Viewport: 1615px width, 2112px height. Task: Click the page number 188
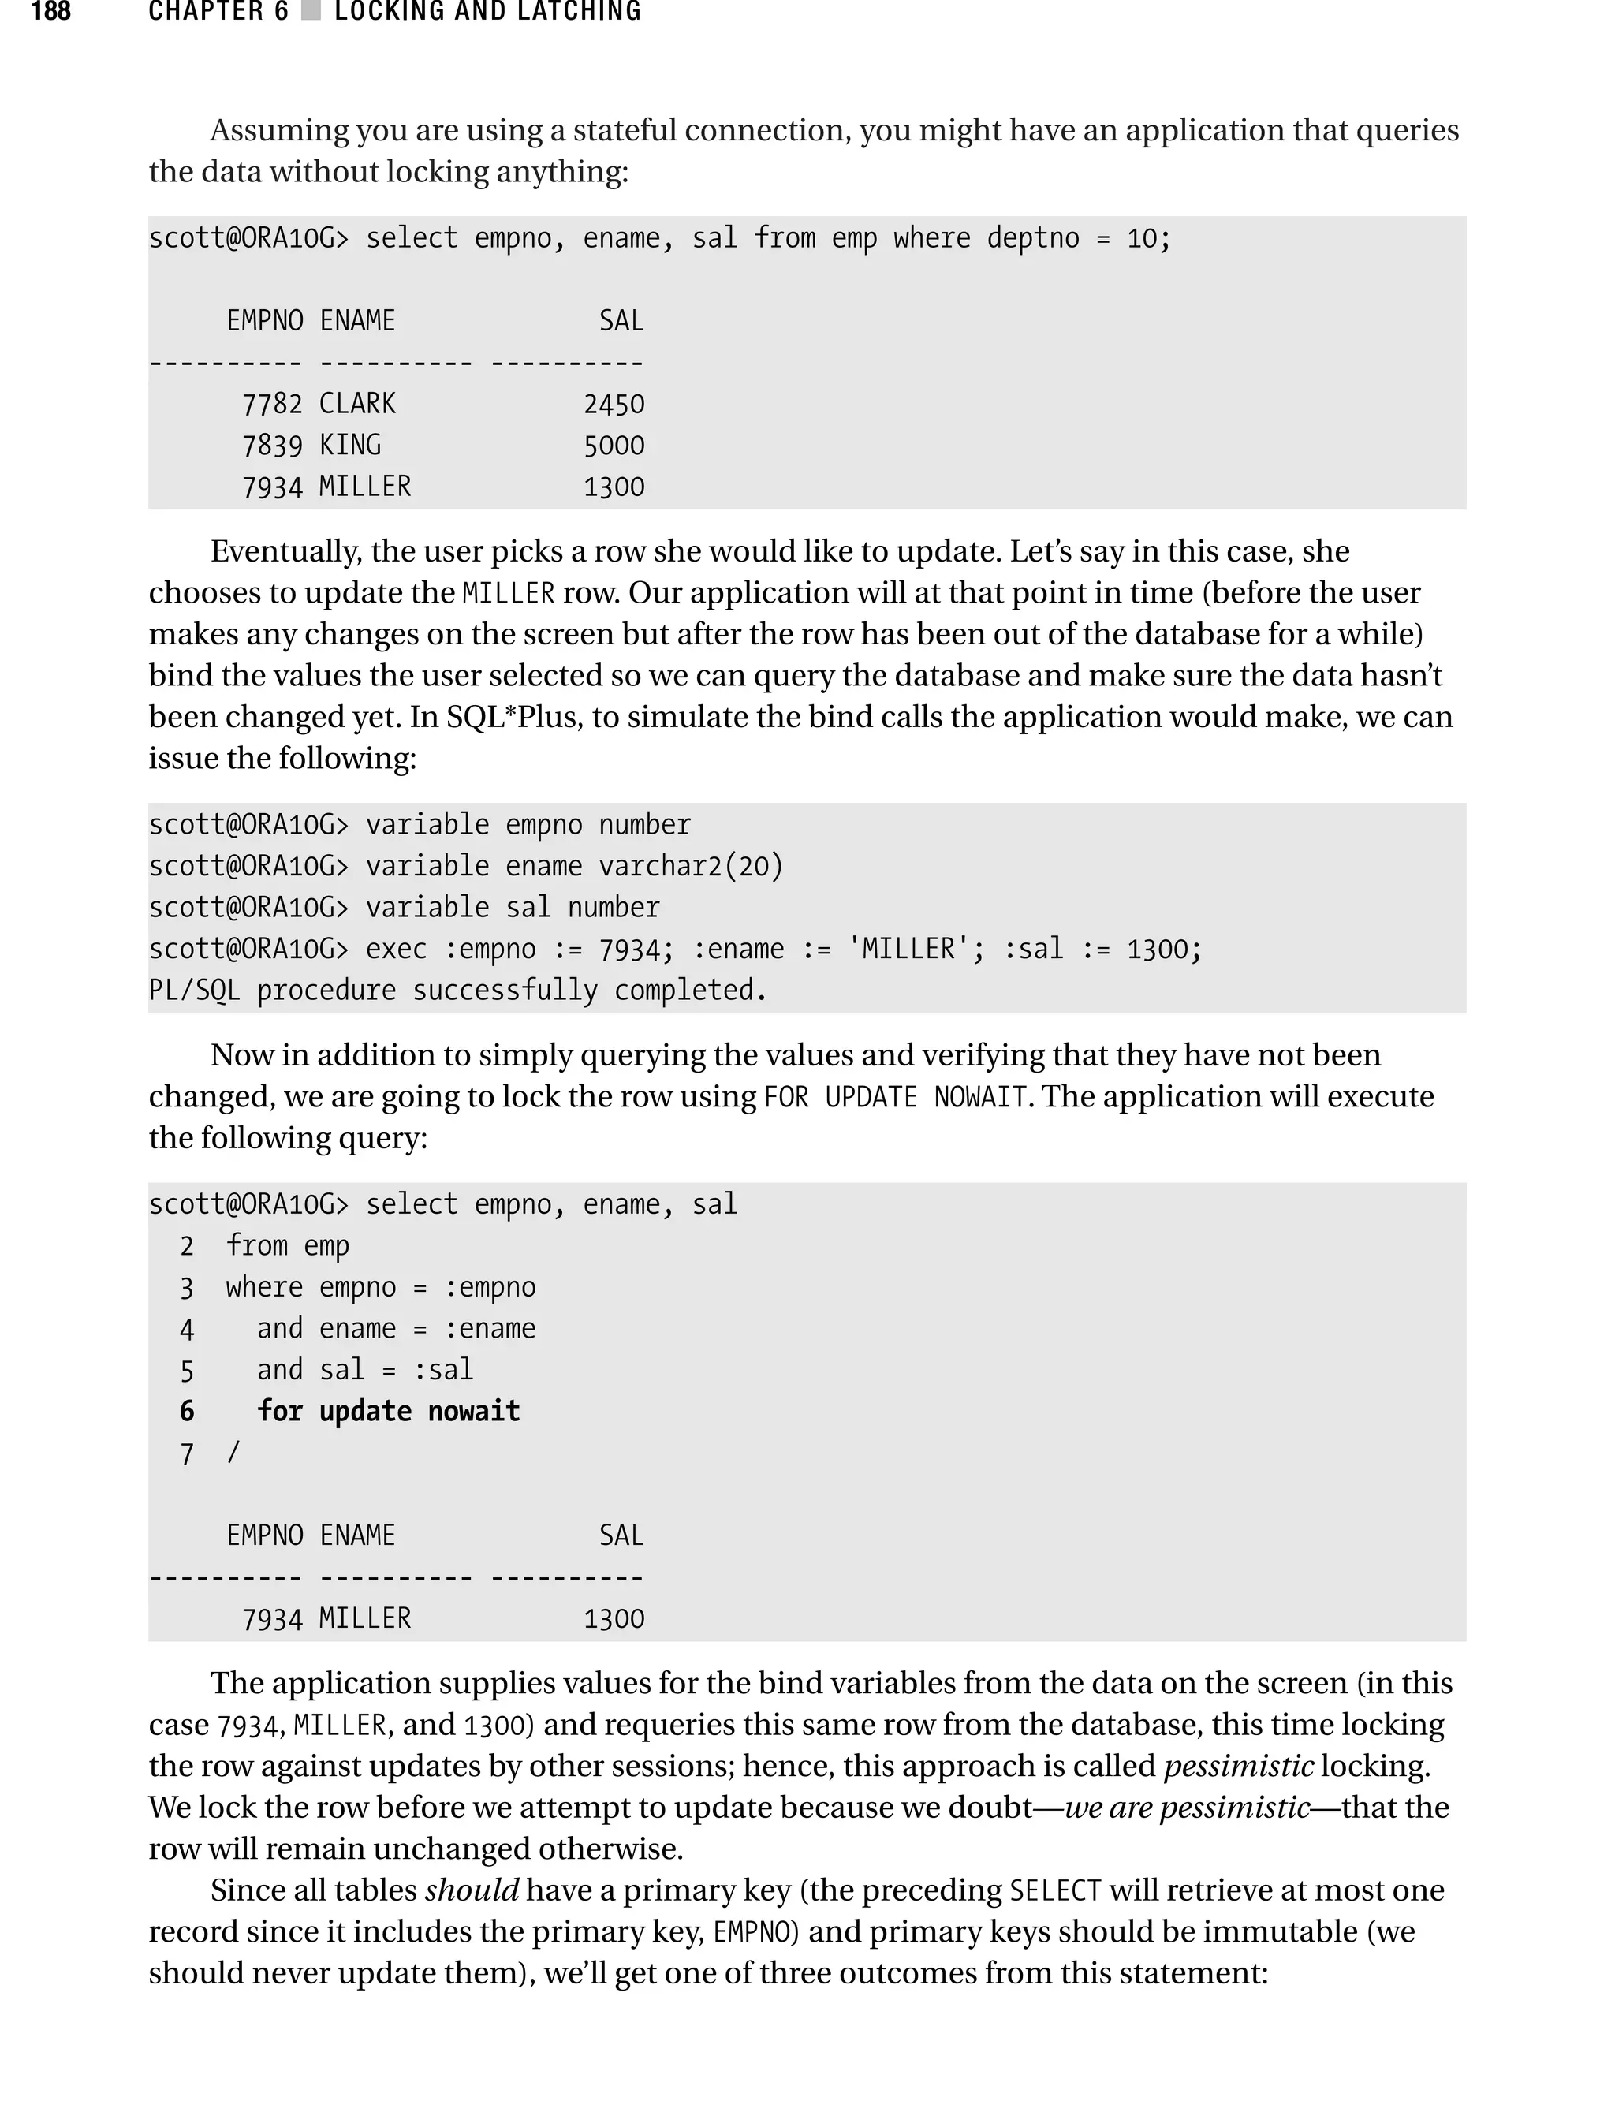click(x=51, y=12)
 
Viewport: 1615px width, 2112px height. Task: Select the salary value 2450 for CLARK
click(x=614, y=404)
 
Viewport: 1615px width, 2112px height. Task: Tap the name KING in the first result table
click(x=350, y=445)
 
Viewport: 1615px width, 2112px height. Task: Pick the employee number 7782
click(x=272, y=404)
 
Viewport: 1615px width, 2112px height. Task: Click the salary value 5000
click(x=614, y=445)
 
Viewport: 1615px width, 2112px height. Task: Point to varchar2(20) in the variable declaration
click(x=691, y=866)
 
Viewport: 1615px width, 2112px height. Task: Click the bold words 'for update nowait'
click(x=388, y=1411)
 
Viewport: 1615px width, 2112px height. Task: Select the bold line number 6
click(x=186, y=1411)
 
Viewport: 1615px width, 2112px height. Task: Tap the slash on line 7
click(x=233, y=1453)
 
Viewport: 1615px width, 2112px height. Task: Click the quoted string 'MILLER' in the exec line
click(x=904, y=949)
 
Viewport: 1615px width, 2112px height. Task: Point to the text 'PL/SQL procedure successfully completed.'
click(x=457, y=991)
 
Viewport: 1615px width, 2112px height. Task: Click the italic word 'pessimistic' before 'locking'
click(x=1238, y=1766)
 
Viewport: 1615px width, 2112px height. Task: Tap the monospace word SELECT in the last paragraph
click(x=1054, y=1891)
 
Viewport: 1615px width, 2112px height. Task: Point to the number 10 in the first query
click(x=1141, y=238)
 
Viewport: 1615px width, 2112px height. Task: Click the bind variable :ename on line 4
click(x=489, y=1329)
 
